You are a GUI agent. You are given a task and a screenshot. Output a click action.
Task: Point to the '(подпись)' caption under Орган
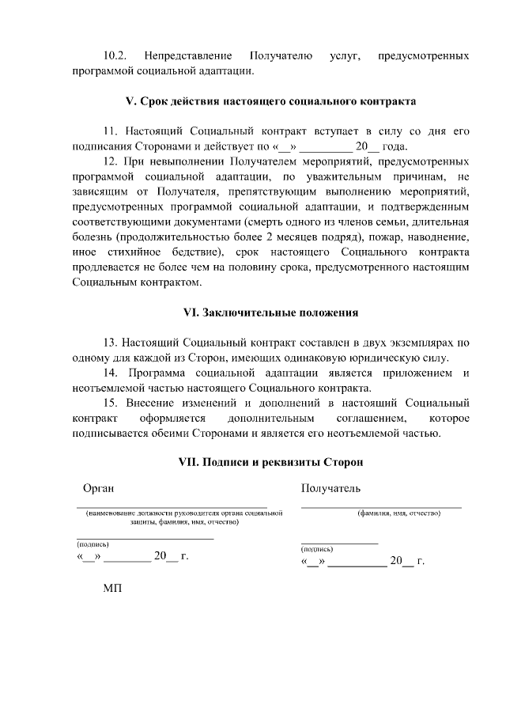tap(93, 544)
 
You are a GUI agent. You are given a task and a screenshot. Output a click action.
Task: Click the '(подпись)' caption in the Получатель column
tap(317, 548)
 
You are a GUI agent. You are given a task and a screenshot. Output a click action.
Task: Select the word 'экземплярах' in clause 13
tap(413, 343)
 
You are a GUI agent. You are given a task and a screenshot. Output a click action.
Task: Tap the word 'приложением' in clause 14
tap(412, 373)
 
